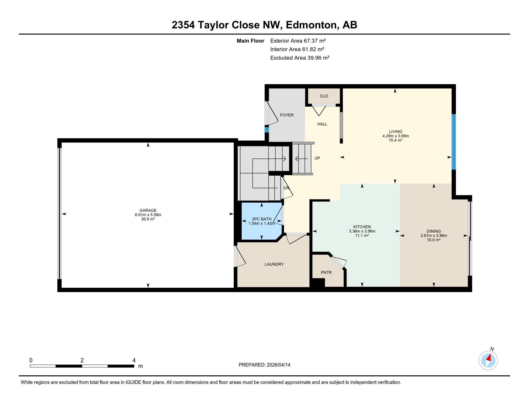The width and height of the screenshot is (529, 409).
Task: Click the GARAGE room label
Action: [148, 210]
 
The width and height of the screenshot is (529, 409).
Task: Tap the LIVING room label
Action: [395, 132]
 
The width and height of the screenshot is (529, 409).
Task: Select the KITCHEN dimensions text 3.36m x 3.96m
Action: [362, 231]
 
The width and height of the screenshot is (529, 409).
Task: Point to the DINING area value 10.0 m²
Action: [433, 240]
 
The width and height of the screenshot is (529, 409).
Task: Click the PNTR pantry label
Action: [326, 272]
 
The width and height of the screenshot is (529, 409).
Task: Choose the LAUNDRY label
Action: [274, 264]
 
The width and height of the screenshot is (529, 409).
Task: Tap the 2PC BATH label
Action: [262, 219]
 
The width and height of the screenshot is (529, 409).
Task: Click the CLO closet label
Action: [324, 96]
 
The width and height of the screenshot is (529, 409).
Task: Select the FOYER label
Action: [287, 115]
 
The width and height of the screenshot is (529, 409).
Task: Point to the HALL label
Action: [322, 124]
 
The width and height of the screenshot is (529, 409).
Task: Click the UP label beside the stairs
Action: [317, 158]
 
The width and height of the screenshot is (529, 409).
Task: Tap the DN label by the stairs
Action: [286, 188]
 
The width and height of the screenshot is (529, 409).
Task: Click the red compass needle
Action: [489, 358]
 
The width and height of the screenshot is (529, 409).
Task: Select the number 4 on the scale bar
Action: [134, 360]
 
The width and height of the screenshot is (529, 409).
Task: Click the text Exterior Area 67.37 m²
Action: [298, 41]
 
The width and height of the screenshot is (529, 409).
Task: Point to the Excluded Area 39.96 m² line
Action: [300, 58]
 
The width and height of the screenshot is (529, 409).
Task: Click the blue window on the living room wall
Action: [454, 142]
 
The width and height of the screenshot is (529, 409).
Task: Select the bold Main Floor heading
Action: [250, 41]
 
